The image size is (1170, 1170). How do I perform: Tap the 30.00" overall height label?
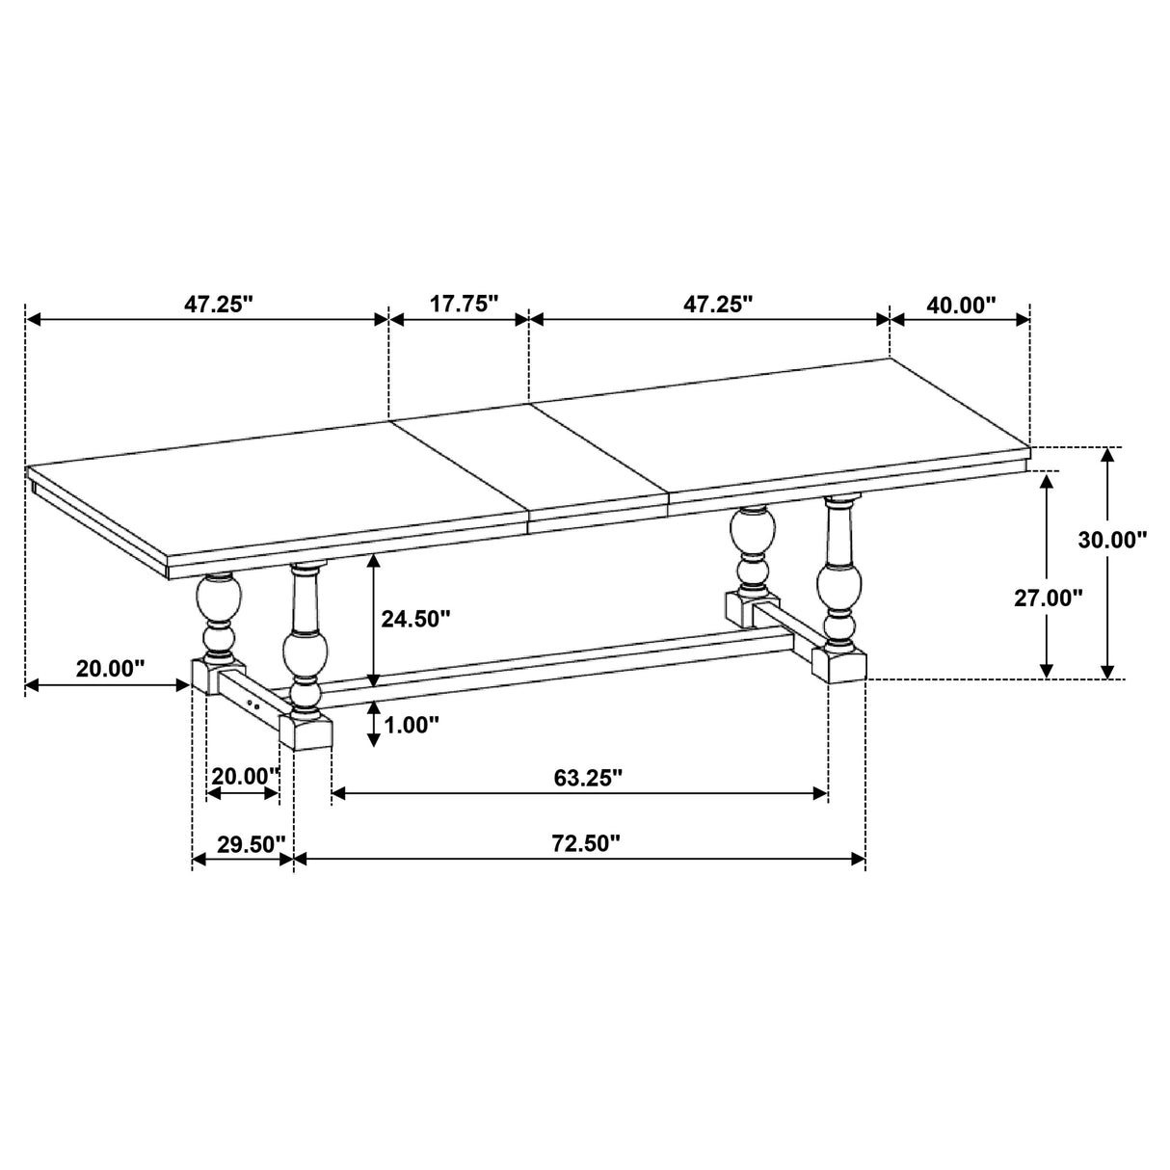pos(1112,540)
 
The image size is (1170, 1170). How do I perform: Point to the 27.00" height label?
pos(1048,598)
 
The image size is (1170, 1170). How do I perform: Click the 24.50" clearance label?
pos(415,618)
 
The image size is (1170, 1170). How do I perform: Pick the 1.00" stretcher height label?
pos(411,725)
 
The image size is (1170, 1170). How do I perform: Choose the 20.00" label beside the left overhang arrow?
pos(110,668)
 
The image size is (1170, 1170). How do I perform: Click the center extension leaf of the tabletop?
pos(530,463)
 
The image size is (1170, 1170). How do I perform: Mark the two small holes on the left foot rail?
pos(254,705)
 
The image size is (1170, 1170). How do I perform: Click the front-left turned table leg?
pos(306,641)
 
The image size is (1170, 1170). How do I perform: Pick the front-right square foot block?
pos(838,665)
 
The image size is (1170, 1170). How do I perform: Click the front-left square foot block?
pos(306,731)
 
